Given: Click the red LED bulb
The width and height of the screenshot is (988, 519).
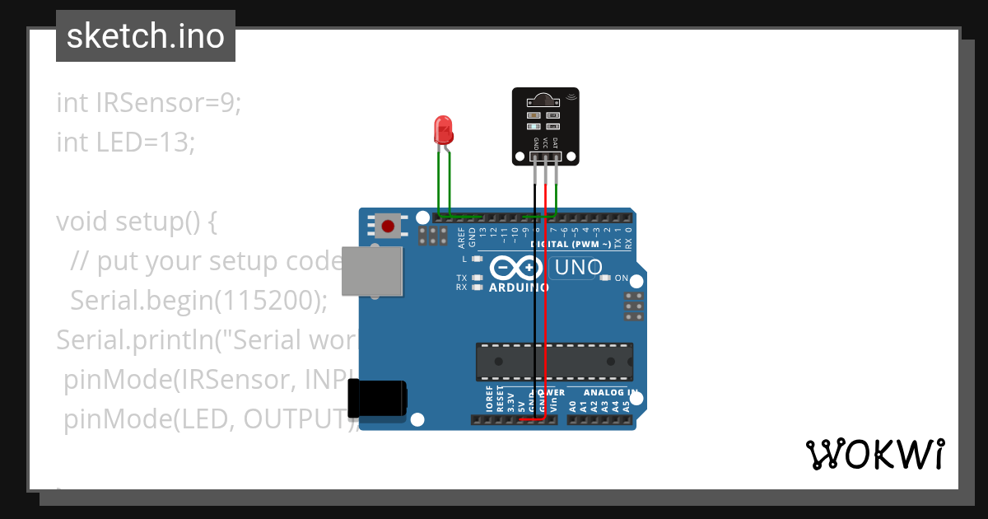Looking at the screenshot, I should tap(443, 129).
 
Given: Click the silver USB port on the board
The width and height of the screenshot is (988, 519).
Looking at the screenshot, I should tap(372, 271).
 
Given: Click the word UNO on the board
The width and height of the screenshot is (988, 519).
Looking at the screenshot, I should tap(578, 268).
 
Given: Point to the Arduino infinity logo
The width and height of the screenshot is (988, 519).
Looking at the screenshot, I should tap(516, 269).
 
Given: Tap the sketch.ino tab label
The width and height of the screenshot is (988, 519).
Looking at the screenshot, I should tap(146, 36).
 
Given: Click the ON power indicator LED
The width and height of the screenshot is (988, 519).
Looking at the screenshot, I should tap(607, 278).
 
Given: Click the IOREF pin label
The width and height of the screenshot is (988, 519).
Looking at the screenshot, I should tap(489, 400).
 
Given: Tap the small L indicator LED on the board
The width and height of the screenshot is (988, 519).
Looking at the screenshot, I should tap(477, 259).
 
